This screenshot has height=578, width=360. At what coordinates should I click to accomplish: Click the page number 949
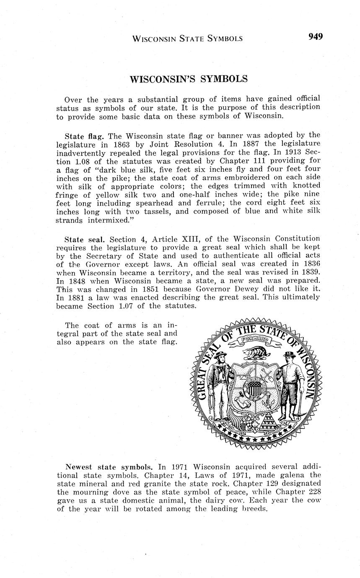(x=316, y=36)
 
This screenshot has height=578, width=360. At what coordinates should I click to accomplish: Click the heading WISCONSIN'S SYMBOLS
(x=189, y=79)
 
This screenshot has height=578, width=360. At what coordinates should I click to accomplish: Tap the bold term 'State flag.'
(x=84, y=136)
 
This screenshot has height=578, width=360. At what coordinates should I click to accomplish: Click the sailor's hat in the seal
(x=221, y=354)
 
